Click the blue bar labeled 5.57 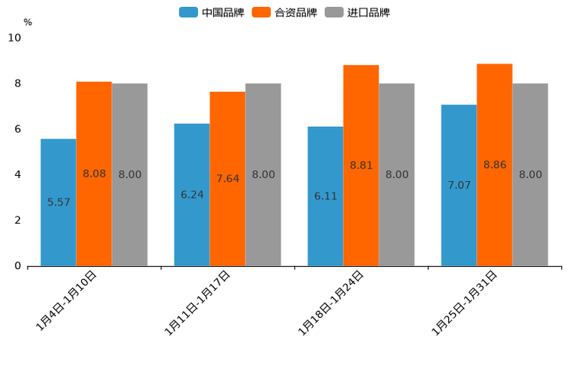(58, 202)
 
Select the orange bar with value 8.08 (94, 173)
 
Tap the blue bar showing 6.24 (192, 194)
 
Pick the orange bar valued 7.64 (228, 178)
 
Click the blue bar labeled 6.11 (325, 196)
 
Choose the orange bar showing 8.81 (361, 165)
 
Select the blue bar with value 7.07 (459, 185)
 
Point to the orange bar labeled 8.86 (495, 164)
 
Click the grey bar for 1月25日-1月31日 (530, 174)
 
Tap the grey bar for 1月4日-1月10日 (129, 174)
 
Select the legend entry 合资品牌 (295, 12)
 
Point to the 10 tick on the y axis (15, 37)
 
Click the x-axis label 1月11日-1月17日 (198, 303)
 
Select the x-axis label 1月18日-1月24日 (331, 303)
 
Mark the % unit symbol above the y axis (28, 22)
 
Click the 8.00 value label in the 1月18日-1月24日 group (397, 174)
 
